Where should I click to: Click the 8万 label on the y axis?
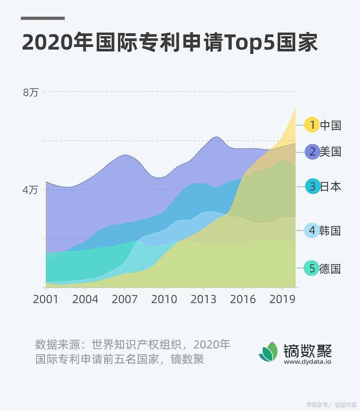31,92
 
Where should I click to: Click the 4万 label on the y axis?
30,190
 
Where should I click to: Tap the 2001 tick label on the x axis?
46,299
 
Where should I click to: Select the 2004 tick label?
85,299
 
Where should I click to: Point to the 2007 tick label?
124,299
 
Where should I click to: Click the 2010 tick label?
164,299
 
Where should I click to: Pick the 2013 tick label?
203,299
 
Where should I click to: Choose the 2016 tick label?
243,299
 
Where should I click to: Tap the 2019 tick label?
282,299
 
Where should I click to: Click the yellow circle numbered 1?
312,125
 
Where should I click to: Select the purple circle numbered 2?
312,151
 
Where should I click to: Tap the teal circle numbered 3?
312,187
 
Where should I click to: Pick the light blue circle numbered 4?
312,231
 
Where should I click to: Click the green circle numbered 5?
312,269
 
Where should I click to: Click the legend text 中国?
331,125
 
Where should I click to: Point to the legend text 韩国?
330,231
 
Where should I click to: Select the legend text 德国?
330,269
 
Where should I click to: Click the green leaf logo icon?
269,351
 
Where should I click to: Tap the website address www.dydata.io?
307,362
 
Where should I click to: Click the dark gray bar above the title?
43,18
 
